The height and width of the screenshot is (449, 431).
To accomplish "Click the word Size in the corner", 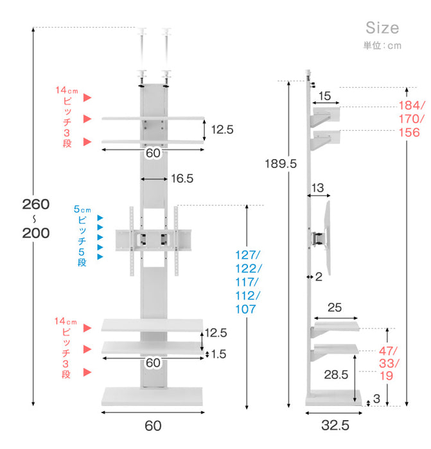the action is click(x=382, y=28).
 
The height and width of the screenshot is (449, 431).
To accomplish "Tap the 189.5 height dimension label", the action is click(x=281, y=164).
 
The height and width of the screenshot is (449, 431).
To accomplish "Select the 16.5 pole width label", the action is click(x=182, y=178).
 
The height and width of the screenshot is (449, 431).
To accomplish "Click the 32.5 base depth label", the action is click(x=335, y=425).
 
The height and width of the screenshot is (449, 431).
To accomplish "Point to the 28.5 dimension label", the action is click(x=336, y=375).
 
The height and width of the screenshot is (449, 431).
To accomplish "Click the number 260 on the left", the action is click(x=36, y=204).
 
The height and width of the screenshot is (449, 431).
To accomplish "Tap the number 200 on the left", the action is click(x=36, y=233).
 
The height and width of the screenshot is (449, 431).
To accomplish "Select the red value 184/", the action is click(x=412, y=106).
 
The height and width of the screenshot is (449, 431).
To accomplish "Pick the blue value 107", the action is click(x=245, y=309).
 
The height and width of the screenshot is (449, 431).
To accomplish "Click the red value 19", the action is click(x=386, y=376).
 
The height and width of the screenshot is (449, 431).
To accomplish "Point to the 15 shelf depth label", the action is click(x=324, y=96).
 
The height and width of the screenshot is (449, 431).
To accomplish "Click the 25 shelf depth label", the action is click(x=335, y=307).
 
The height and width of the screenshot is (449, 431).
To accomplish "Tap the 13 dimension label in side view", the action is click(x=318, y=188).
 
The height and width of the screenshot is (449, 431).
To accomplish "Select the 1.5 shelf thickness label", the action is click(x=218, y=354).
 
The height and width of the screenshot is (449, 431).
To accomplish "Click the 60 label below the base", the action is click(x=153, y=426).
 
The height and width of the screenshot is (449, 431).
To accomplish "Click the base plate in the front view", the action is click(x=152, y=396).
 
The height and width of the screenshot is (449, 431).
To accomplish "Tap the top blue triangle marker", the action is click(x=100, y=218).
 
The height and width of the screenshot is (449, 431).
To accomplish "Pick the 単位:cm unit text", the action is click(x=383, y=46).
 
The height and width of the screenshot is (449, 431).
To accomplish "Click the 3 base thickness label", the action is click(x=376, y=398).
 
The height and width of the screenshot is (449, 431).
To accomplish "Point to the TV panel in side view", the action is click(x=328, y=238).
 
